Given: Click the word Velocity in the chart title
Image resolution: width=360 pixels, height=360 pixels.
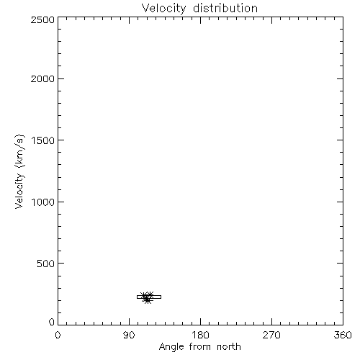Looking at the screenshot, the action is pyautogui.click(x=163, y=9).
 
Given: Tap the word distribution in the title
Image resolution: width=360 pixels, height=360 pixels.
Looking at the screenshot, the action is pyautogui.click(x=225, y=8).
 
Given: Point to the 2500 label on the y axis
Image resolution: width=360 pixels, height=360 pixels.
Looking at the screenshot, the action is pyautogui.click(x=42, y=19).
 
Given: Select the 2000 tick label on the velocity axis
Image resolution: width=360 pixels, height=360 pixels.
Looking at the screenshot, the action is pyautogui.click(x=42, y=78).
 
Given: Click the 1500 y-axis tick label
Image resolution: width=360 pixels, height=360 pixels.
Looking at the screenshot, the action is pyautogui.click(x=43, y=140).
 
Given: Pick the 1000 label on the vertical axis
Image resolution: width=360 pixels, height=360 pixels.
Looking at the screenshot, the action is pyautogui.click(x=43, y=202).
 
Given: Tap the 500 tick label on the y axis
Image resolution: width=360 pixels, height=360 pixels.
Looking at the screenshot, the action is pyautogui.click(x=46, y=264).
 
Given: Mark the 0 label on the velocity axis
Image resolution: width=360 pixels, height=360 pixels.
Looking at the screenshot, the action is pyautogui.click(x=52, y=322).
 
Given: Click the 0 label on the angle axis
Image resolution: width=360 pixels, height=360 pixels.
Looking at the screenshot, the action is pyautogui.click(x=58, y=335).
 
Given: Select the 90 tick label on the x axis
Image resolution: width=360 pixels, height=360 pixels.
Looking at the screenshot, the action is pyautogui.click(x=129, y=335).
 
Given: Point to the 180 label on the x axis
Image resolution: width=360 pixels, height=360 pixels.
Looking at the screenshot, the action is pyautogui.click(x=200, y=335).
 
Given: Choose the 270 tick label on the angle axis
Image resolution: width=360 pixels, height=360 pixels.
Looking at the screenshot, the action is pyautogui.click(x=271, y=335).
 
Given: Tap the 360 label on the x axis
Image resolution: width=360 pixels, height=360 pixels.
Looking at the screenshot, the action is pyautogui.click(x=343, y=335).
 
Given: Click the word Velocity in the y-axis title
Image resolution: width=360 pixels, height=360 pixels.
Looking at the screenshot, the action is pyautogui.click(x=19, y=191).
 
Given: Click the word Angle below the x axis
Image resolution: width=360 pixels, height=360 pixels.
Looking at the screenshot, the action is pyautogui.click(x=171, y=347).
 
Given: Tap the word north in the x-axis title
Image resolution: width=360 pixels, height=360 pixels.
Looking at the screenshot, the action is pyautogui.click(x=229, y=347).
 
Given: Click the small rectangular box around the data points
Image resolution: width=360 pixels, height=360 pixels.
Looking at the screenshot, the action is pyautogui.click(x=149, y=295).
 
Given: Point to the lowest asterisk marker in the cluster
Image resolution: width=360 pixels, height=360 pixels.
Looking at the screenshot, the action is pyautogui.click(x=148, y=300).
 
